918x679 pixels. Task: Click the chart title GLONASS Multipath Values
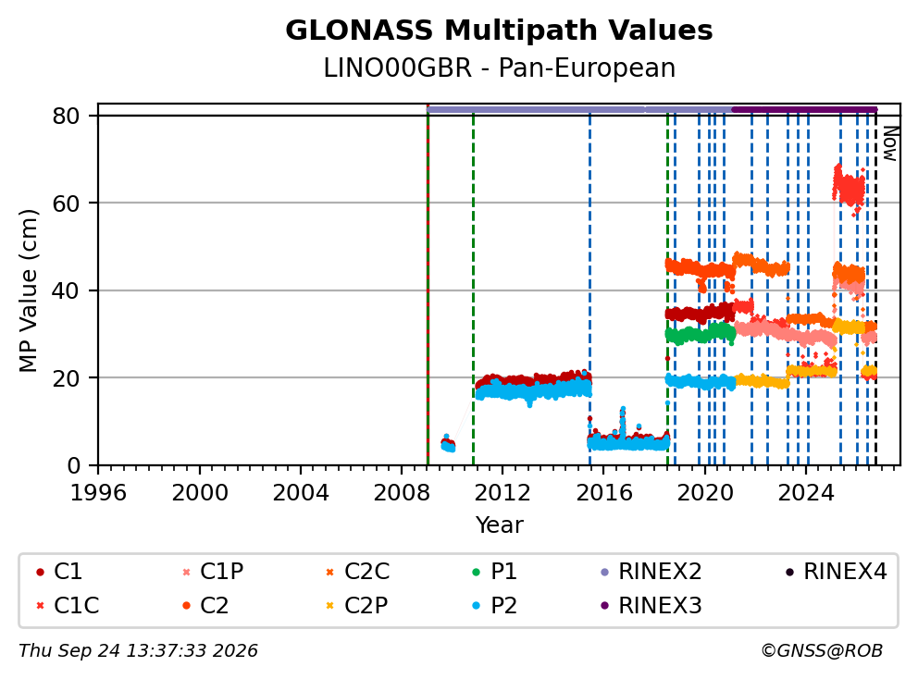[x=499, y=31]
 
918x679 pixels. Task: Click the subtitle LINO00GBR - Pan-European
[x=500, y=68]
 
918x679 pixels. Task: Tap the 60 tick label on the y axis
[x=66, y=204]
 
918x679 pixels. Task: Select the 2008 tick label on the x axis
[x=402, y=493]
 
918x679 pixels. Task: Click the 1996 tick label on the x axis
[x=98, y=493]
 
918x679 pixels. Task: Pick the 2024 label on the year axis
[x=806, y=493]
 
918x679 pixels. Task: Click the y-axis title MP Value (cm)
[x=28, y=290]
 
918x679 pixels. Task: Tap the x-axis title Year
[x=500, y=525]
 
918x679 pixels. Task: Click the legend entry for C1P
[x=215, y=572]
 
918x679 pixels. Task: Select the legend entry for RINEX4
[x=837, y=572]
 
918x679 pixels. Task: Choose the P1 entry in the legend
[x=495, y=572]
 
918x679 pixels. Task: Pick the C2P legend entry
[x=357, y=605]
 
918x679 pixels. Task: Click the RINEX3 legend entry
[x=651, y=605]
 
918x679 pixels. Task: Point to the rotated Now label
[x=890, y=143]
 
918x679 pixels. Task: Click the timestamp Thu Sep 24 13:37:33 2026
[x=138, y=651]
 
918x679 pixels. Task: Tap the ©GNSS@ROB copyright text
[x=822, y=651]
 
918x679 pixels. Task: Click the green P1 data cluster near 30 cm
[x=701, y=334]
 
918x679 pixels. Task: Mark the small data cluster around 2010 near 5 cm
[x=448, y=445]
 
